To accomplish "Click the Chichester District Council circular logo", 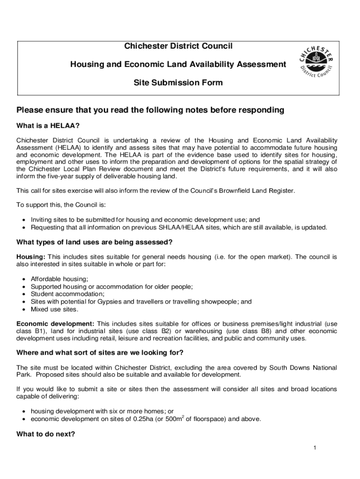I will click(317, 62).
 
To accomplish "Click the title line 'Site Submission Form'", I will click(178, 83).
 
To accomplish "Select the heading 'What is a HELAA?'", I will click(48, 126).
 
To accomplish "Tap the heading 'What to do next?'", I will click(45, 434).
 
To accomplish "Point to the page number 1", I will click(315, 448).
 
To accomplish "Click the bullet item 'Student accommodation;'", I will click(67, 294).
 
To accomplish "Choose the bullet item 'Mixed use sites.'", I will click(54, 309).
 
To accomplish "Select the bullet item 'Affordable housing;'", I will click(59, 279).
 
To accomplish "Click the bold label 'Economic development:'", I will click(55, 324).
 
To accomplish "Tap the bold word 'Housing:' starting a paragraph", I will click(31, 257).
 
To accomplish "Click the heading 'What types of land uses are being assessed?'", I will click(94, 242).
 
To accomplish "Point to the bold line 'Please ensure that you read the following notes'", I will click(150, 110).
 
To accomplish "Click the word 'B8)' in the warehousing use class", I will click(260, 331).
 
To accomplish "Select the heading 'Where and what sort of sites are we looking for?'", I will click(100, 352).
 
